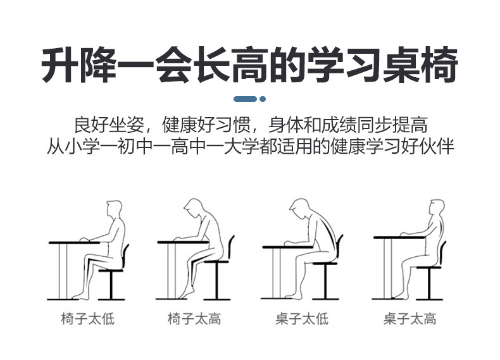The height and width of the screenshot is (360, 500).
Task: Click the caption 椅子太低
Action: (x=88, y=318)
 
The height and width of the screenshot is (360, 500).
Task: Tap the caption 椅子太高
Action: (x=194, y=318)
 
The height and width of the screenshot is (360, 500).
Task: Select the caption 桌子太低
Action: (x=302, y=318)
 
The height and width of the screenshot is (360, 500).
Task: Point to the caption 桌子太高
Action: (x=409, y=318)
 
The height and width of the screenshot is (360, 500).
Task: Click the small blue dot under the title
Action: (x=263, y=99)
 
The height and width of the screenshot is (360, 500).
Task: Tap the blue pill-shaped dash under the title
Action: (x=245, y=99)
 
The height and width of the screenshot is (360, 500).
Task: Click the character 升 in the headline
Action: (x=59, y=65)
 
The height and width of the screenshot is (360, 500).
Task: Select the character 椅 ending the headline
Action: (x=440, y=65)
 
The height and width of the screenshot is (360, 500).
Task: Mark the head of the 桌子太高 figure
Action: (x=437, y=208)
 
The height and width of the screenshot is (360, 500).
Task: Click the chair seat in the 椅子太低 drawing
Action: (x=111, y=270)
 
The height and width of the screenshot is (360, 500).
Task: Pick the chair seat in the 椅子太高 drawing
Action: (x=216, y=262)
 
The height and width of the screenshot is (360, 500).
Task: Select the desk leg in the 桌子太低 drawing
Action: (x=276, y=273)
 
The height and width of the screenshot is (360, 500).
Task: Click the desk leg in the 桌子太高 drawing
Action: (x=388, y=268)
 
